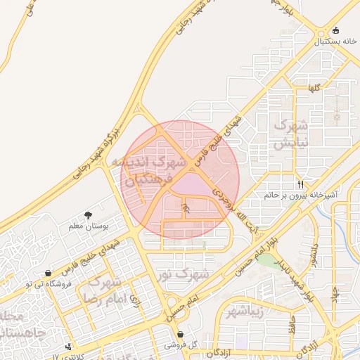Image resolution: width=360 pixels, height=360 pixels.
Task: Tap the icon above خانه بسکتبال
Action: coord(335,31)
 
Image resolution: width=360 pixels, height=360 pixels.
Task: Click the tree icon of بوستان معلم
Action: coord(88,215)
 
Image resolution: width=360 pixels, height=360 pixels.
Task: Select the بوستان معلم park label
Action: coord(87,226)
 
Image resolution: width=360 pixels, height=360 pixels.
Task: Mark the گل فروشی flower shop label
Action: coord(180,345)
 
